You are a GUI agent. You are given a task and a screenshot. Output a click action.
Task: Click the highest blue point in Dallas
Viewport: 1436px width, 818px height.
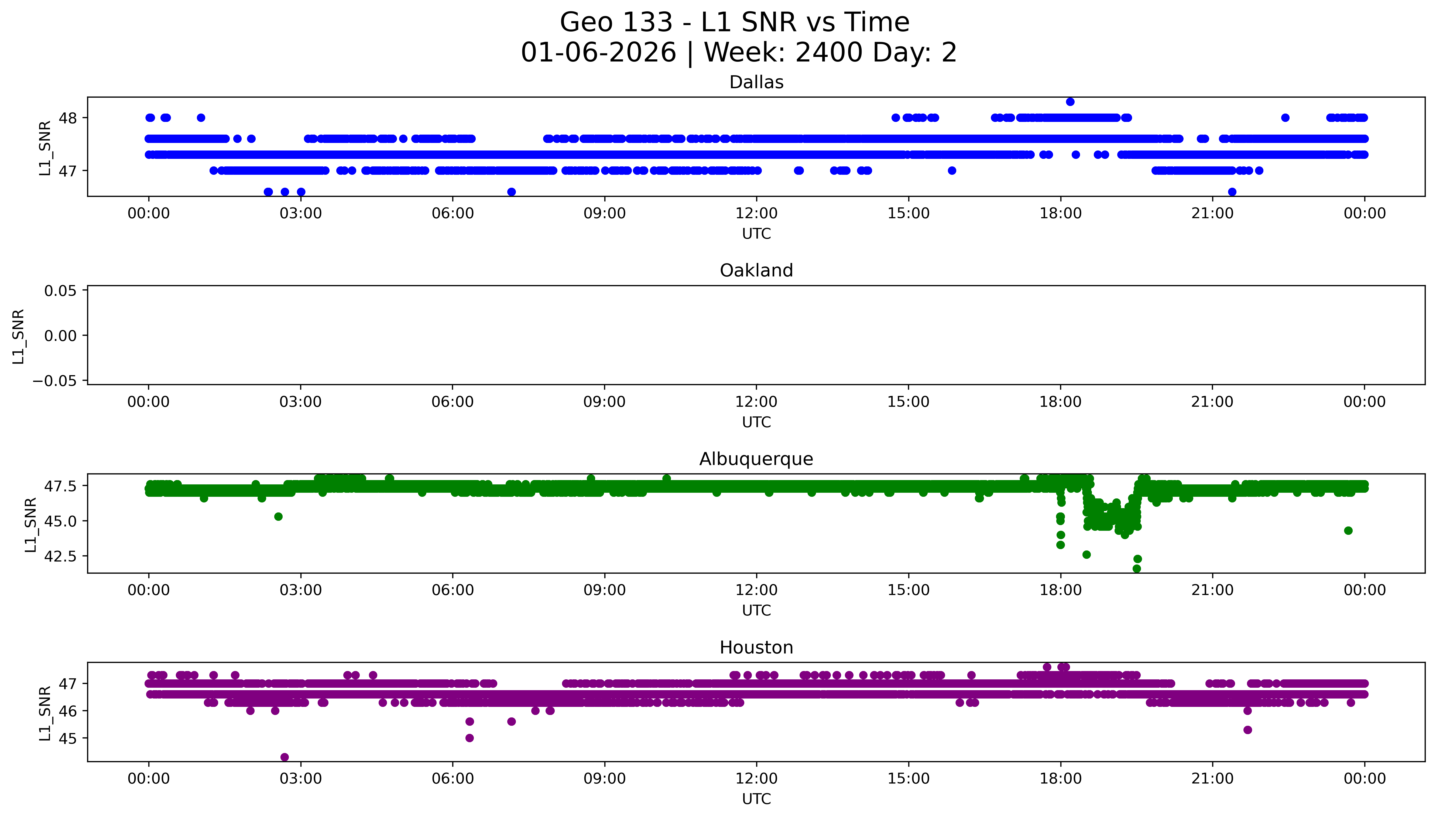click(1070, 102)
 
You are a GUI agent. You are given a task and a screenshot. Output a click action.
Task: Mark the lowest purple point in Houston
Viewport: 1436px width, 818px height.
click(285, 757)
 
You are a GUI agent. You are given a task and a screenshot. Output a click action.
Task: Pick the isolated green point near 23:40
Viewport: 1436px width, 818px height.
click(1348, 530)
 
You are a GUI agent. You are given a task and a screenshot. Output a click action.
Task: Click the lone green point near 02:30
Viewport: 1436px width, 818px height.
click(278, 516)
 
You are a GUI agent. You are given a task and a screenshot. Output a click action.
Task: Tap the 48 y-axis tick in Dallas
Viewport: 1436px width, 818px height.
click(66, 118)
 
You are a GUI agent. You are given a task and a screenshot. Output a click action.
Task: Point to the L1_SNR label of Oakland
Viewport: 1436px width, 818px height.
click(19, 336)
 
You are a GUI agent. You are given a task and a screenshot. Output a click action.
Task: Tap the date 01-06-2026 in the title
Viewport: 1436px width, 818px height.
click(598, 53)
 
